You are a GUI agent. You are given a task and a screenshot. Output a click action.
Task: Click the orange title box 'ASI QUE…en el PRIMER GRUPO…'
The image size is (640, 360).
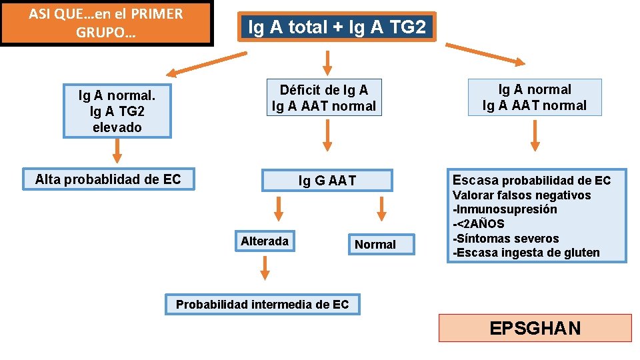(x=107, y=23)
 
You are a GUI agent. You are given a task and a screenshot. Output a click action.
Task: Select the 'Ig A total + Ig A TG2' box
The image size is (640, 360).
(x=336, y=27)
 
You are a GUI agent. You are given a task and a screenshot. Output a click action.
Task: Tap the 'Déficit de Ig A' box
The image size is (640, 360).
(x=324, y=98)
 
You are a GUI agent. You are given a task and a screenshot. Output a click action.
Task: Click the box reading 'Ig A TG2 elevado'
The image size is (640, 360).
(x=117, y=111)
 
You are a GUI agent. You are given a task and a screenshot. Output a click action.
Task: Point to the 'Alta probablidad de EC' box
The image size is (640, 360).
(x=108, y=179)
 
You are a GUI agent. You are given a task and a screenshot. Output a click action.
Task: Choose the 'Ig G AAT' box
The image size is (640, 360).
(x=327, y=180)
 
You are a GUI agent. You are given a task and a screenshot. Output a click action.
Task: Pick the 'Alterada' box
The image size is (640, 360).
(x=265, y=241)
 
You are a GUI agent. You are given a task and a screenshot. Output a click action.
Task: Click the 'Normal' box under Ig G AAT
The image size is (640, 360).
(x=375, y=245)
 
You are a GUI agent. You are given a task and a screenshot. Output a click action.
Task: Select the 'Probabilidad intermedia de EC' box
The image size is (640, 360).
(x=262, y=305)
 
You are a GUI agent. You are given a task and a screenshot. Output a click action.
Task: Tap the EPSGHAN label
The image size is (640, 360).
(x=535, y=328)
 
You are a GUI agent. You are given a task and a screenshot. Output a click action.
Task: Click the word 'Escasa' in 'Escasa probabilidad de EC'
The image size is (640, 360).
(x=475, y=180)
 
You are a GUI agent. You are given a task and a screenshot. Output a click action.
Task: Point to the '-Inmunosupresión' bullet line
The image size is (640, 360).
(x=505, y=209)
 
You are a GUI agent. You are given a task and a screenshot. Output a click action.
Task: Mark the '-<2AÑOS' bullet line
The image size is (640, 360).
(x=479, y=224)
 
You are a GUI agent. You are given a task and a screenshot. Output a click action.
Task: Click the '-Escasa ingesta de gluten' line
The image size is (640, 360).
(x=526, y=253)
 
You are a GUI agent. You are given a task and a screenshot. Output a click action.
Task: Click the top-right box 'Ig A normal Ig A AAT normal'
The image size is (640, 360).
(x=535, y=97)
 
